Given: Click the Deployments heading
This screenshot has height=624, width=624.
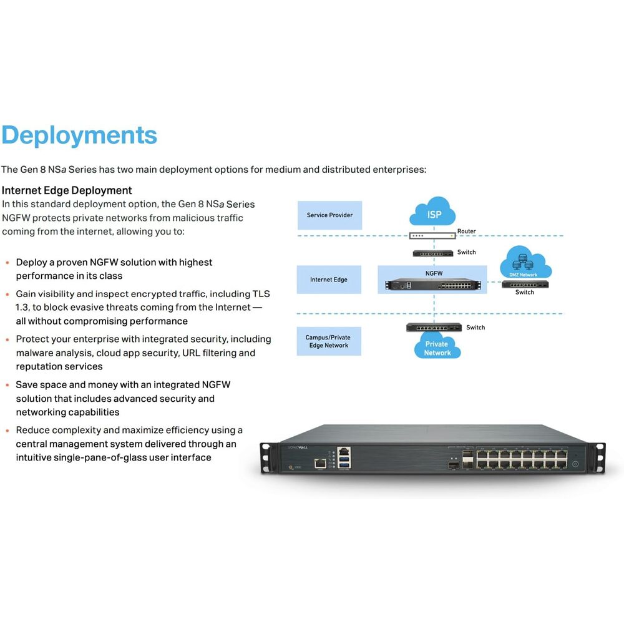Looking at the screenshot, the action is coord(79,135).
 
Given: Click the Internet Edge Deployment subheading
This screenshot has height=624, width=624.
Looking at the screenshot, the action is coord(67,190).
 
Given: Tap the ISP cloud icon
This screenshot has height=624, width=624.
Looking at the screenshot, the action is coord(432,212).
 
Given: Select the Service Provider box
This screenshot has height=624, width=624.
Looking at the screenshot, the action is coord(329,215).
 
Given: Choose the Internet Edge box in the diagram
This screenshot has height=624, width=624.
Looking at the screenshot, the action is coord(329,280).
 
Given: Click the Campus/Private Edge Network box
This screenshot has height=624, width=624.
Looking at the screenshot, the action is coord(329,341).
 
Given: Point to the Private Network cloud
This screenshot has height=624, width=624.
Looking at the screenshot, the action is coord(437,346).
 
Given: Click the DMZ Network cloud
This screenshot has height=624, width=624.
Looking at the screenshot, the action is coord(525,262).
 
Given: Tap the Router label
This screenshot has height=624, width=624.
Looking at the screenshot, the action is coord(466,232).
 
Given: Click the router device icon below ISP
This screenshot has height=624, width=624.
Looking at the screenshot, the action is coord(432,236).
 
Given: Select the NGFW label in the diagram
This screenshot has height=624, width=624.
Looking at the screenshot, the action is coord(434,273).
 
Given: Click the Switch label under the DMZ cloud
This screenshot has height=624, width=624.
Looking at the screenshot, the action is coord(525,292).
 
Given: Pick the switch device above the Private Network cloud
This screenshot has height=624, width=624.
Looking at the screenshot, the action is coord(434,328).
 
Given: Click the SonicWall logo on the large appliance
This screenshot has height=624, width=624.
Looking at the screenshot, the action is coord(298,447).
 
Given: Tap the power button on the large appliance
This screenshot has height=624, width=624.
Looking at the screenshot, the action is coord(575,464).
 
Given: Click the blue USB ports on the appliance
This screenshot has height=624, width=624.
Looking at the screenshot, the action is coord(344,463).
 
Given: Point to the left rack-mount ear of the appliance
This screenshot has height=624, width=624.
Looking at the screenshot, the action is coord(268,459).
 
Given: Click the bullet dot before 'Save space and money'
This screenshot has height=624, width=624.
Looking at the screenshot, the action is coord(7,385).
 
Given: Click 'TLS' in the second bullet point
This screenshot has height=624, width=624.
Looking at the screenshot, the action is coord(261,294).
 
